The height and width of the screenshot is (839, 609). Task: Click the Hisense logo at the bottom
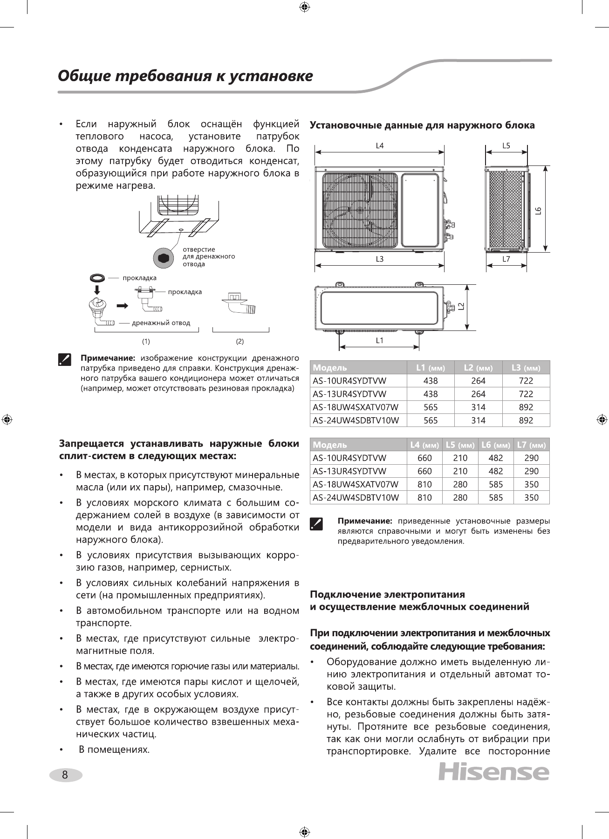(x=493, y=772)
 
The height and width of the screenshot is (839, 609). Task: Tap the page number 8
(x=65, y=775)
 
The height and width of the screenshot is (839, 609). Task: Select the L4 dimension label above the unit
(x=380, y=146)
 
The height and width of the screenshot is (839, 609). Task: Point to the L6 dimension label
(x=538, y=211)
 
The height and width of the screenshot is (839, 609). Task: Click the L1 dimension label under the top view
(x=380, y=341)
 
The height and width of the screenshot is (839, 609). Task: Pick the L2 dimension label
(x=461, y=306)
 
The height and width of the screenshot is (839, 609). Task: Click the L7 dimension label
(x=506, y=259)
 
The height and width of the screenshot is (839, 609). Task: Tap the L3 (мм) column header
(x=526, y=368)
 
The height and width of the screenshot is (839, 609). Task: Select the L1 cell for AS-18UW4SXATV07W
(x=431, y=407)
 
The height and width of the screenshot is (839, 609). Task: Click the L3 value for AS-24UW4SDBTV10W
(x=526, y=420)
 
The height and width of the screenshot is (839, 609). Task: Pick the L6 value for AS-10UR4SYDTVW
(x=496, y=458)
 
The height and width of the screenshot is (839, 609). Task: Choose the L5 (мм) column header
(x=460, y=445)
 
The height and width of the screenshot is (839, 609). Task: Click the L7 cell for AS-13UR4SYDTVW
(x=531, y=471)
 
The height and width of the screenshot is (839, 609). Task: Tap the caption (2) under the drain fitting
(x=240, y=342)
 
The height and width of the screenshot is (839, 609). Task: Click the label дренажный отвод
(x=161, y=323)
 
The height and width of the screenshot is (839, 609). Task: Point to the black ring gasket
(x=97, y=278)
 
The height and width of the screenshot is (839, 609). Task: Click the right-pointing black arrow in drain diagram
(x=123, y=306)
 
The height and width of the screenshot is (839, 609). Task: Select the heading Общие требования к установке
(x=185, y=76)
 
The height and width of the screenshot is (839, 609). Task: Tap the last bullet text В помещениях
(x=114, y=750)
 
